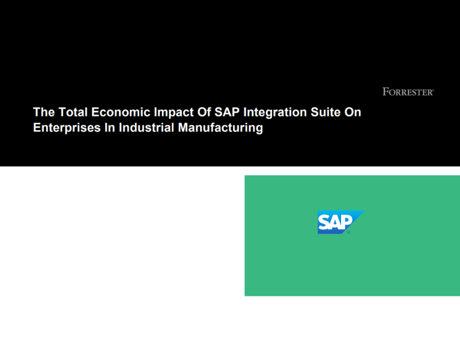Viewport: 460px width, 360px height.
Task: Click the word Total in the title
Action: tap(70, 112)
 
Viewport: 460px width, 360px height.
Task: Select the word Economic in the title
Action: tap(114, 112)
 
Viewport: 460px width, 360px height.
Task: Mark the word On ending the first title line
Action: tap(353, 112)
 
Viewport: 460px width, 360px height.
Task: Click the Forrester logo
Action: tap(408, 92)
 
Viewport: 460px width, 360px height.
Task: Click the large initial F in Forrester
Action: tap(385, 92)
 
